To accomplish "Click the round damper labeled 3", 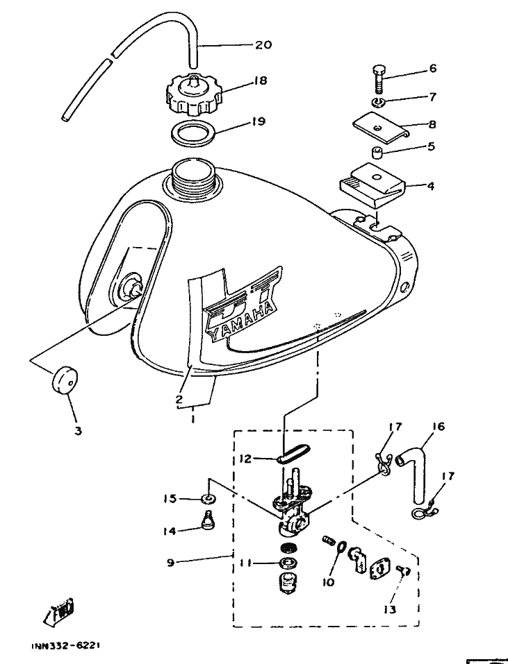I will pyautogui.click(x=65, y=381).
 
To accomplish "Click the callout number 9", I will pyautogui.click(x=170, y=563).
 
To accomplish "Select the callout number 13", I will pyautogui.click(x=388, y=610).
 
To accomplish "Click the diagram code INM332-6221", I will pyautogui.click(x=66, y=645).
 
